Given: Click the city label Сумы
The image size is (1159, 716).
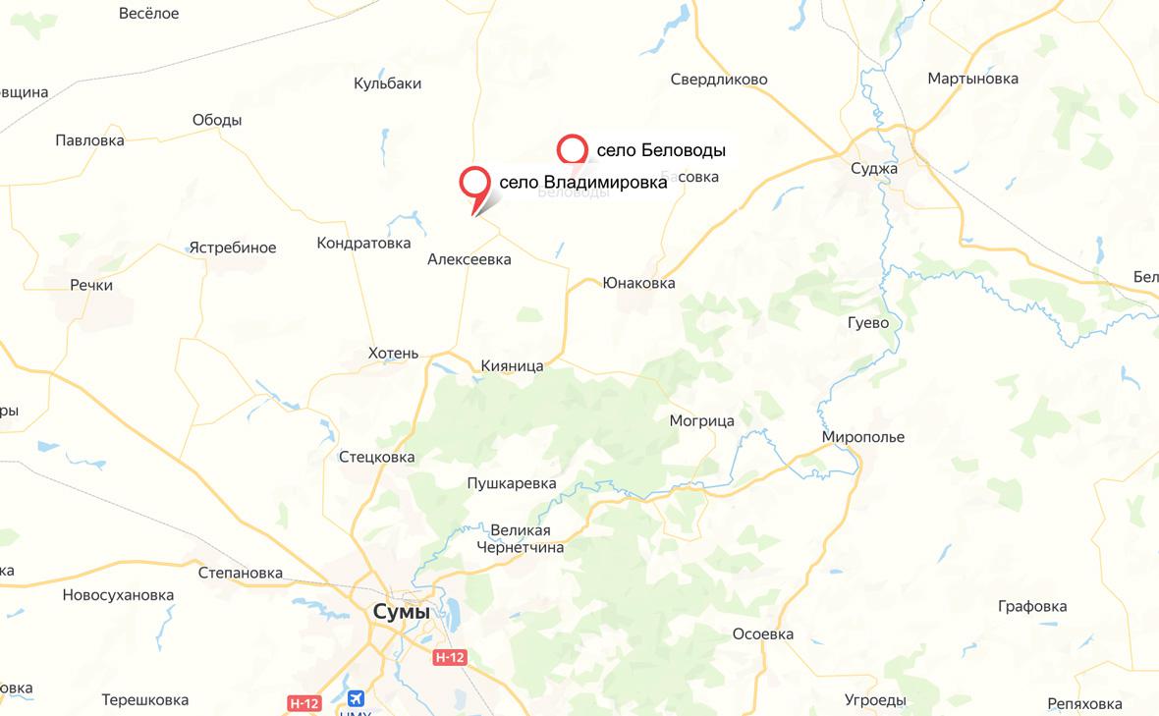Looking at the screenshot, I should tap(402, 612).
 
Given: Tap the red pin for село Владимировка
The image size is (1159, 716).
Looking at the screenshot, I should tap(475, 184).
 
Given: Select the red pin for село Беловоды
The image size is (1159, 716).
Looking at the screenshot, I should tap(572, 150).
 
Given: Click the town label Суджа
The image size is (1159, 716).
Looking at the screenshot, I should tap(874, 168).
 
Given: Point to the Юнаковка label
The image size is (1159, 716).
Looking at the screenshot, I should tap(638, 283).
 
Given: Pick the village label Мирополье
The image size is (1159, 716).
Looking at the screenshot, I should tap(863, 437).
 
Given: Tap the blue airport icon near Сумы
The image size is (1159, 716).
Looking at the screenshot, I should tap(355, 698).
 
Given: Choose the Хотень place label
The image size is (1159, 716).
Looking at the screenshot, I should tap(393, 354).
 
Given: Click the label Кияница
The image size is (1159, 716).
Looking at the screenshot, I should tap(512, 365).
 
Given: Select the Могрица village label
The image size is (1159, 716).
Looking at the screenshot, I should tap(701, 420).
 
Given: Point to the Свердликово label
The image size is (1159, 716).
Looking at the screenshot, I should tap(719, 80).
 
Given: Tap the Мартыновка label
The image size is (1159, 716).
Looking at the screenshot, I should tap(972, 79).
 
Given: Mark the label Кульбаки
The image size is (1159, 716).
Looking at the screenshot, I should tap(387, 83).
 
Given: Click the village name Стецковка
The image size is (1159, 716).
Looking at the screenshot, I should tap(376, 457).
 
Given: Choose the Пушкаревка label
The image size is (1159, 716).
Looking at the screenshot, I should tap(512, 483).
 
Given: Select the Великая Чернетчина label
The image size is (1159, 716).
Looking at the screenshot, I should tap(521, 539).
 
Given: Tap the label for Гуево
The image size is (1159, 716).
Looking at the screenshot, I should tap(868, 322).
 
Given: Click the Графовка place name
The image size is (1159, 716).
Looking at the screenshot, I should tap(1031, 606).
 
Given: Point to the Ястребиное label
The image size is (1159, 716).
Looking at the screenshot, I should tap(233, 248).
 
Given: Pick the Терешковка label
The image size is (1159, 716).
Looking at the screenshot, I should tap(144, 700).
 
